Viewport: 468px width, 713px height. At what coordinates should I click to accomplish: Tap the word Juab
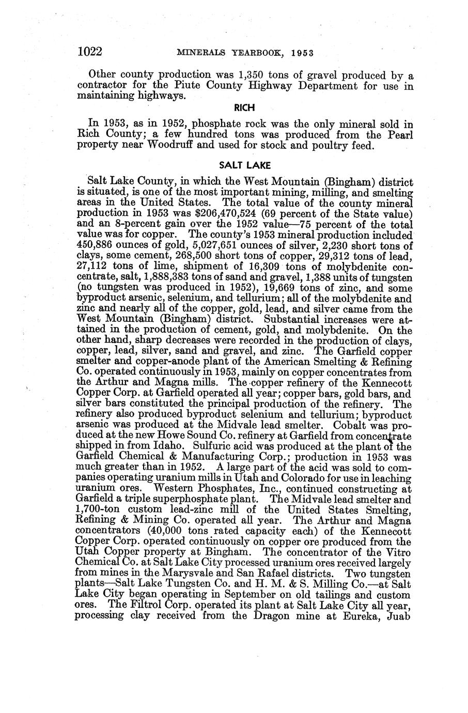pos(399,615)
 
